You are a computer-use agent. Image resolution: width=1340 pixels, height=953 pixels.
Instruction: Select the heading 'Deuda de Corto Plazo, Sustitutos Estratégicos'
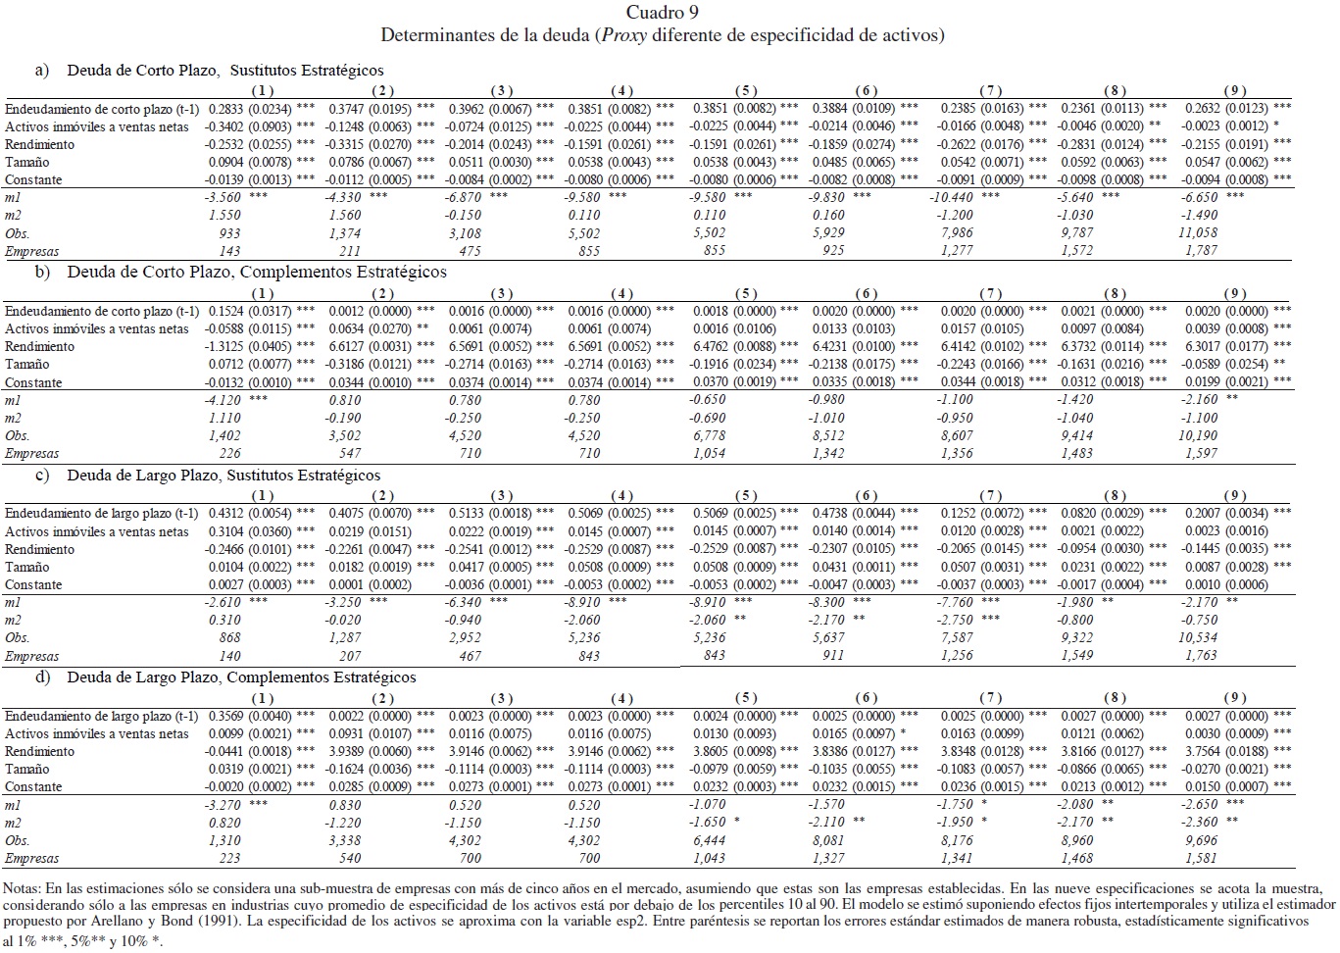point(225,71)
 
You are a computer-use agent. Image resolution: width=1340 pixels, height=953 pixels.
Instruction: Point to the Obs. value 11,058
point(1198,233)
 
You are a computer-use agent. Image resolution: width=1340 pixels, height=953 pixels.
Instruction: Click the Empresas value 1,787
point(1200,251)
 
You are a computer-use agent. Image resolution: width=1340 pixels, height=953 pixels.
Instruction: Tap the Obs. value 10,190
point(1198,436)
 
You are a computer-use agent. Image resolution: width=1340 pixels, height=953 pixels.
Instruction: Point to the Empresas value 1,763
point(1200,656)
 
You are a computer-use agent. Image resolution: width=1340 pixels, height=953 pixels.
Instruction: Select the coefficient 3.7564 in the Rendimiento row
point(1205,752)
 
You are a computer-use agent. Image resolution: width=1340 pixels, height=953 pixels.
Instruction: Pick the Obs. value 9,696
point(1201,840)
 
